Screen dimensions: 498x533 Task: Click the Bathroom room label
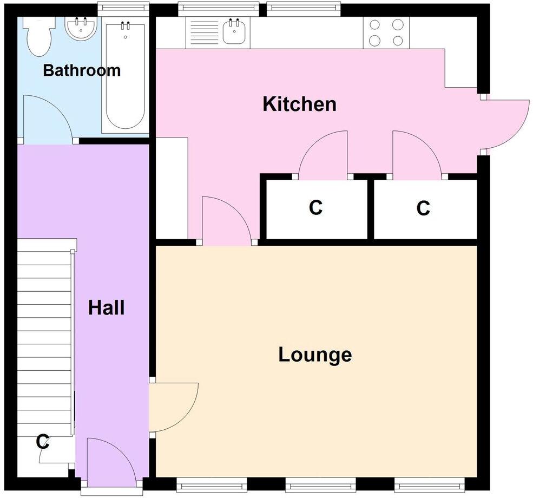pyautogui.click(x=82, y=70)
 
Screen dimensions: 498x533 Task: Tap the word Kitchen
pyautogui.click(x=299, y=104)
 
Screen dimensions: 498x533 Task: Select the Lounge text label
pyautogui.click(x=315, y=355)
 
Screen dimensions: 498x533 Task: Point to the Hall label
pyautogui.click(x=107, y=308)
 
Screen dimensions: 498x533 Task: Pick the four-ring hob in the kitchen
pyautogui.click(x=386, y=32)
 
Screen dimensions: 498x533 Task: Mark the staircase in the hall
pyautogui.click(x=45, y=336)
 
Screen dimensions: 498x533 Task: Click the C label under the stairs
pyautogui.click(x=43, y=442)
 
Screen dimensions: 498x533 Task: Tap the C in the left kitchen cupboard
pyautogui.click(x=315, y=207)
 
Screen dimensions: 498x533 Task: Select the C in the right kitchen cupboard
pyautogui.click(x=423, y=208)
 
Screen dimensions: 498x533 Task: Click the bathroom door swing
pyautogui.click(x=48, y=119)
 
